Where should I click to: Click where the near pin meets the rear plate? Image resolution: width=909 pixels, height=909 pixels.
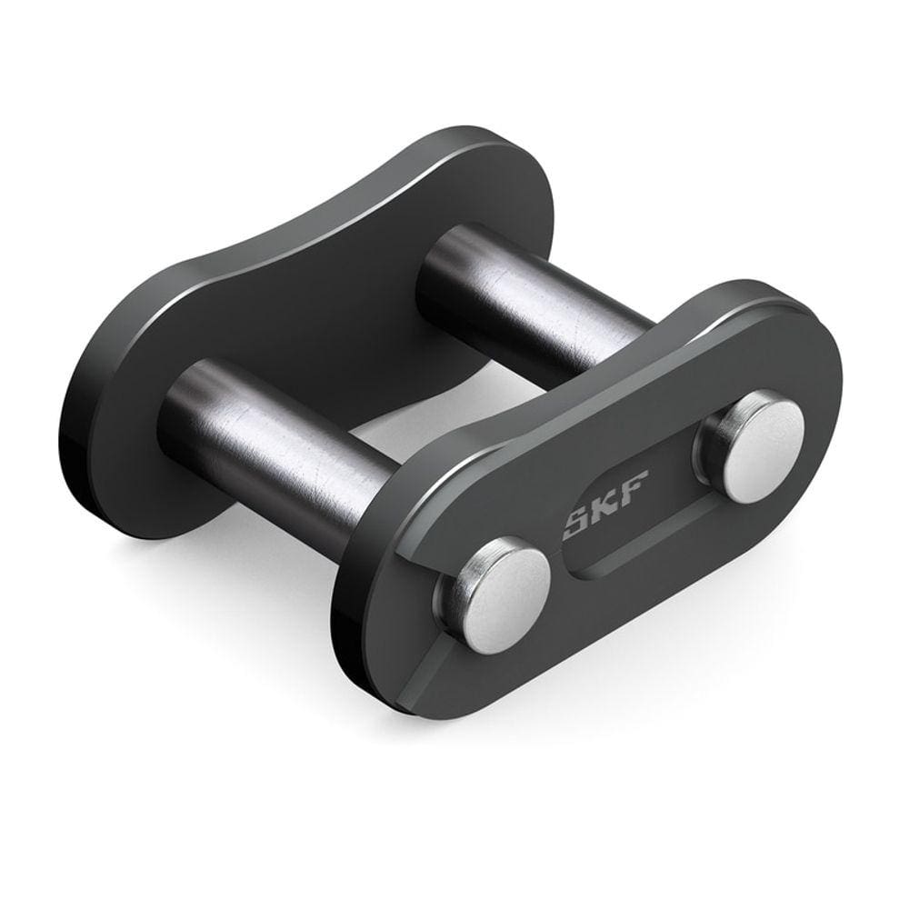[x=182, y=409]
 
